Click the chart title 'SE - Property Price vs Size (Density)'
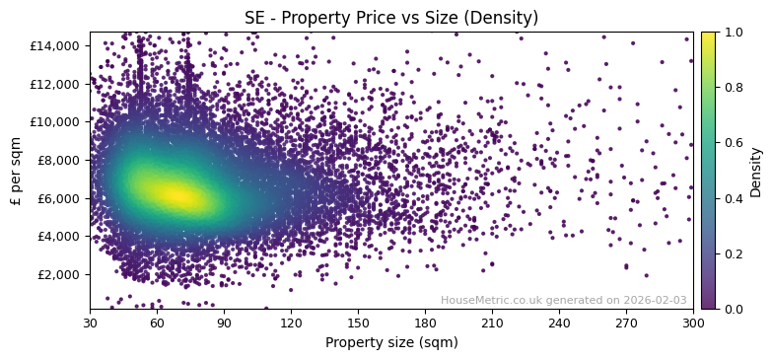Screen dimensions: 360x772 391,18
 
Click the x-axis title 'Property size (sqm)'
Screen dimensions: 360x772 391,342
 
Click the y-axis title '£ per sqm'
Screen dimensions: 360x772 16,171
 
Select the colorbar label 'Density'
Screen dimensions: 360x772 756,171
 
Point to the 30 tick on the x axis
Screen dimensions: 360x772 90,323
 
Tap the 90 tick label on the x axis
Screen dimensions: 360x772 224,323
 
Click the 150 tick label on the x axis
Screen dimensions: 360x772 358,323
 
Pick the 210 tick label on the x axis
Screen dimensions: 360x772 492,323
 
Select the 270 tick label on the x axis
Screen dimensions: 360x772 626,323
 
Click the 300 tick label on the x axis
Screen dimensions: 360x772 692,323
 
